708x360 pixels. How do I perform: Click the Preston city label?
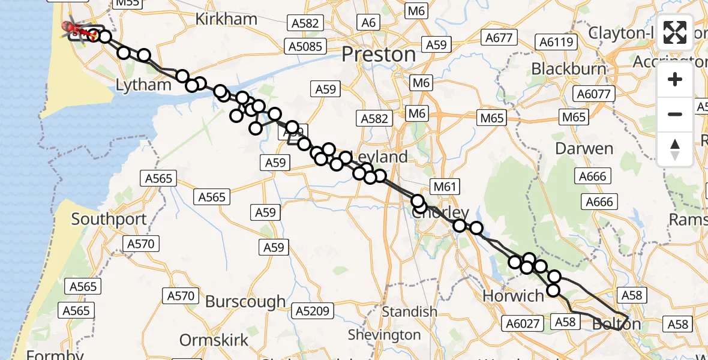click(x=379, y=55)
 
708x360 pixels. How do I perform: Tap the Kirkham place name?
click(x=226, y=19)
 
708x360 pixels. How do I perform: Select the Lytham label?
click(x=143, y=85)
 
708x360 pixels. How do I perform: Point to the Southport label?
click(x=109, y=219)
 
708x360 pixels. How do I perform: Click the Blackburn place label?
click(x=569, y=68)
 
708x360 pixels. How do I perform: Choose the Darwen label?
click(x=584, y=148)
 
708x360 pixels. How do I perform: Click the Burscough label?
click(x=245, y=301)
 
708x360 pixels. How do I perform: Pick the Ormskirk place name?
click(x=214, y=340)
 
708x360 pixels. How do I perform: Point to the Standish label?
click(x=410, y=311)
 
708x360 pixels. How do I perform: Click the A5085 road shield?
click(x=304, y=46)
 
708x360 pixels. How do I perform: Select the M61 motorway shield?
click(x=445, y=187)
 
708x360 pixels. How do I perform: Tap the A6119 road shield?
click(x=557, y=42)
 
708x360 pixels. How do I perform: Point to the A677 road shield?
click(x=499, y=38)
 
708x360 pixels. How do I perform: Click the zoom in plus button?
click(x=675, y=80)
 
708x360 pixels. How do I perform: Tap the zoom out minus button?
click(x=675, y=114)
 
